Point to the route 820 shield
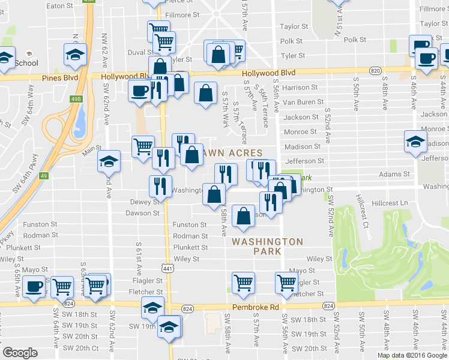(375, 71)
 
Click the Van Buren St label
(303, 103)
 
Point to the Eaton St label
(59, 5)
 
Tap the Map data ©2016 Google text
(412, 355)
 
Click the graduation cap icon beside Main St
(109, 161)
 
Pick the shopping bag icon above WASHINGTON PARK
(243, 218)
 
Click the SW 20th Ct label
(81, 348)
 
